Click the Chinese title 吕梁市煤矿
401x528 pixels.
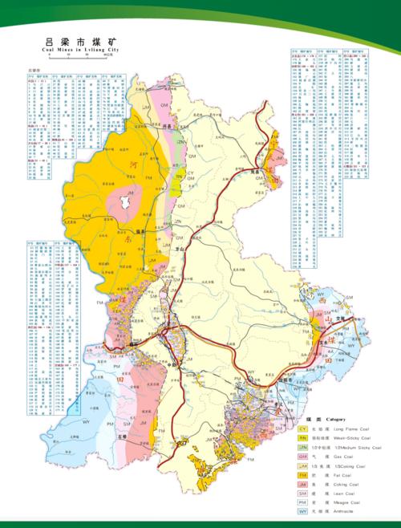78,41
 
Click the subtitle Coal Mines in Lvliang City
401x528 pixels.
78,50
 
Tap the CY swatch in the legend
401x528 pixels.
303,429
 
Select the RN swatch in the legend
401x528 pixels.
303,439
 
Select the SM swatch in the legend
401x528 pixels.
303,493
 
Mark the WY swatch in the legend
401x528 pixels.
303,511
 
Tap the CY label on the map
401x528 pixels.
191,173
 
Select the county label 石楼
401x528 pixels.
124,439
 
